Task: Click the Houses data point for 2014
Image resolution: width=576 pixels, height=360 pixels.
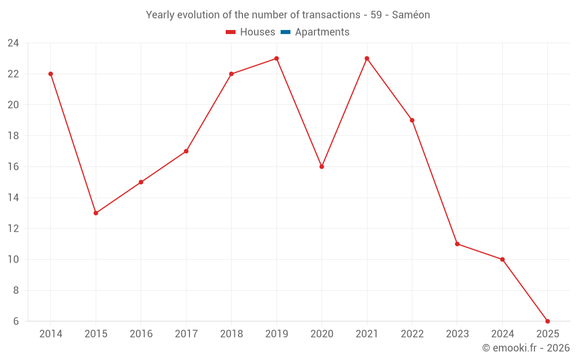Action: (51, 74)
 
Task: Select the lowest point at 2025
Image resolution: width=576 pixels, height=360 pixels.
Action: (547, 321)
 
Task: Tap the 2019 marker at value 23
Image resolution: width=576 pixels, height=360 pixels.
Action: (276, 58)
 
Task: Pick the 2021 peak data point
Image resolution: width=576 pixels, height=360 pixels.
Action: (367, 58)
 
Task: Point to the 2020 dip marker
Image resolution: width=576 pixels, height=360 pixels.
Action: (321, 166)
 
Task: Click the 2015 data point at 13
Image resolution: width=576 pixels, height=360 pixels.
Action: (96, 213)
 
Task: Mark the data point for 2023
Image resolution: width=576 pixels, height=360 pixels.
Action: (457, 244)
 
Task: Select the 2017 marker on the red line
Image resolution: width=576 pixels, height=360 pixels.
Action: (186, 151)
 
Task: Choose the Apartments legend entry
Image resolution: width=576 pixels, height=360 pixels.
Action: (322, 32)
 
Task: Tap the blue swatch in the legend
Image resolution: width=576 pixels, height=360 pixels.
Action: (285, 32)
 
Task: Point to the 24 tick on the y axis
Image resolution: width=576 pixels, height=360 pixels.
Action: (13, 43)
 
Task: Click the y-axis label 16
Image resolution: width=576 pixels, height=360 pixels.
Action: (13, 166)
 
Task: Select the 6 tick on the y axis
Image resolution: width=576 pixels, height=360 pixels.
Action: (16, 321)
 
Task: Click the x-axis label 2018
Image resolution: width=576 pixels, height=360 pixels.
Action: (231, 334)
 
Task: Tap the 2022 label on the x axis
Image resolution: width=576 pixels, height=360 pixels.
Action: (412, 334)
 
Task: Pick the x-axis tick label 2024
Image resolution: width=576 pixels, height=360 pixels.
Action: (502, 334)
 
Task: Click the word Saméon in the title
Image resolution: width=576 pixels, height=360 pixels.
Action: (411, 15)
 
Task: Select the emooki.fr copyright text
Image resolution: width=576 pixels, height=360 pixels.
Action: (526, 348)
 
